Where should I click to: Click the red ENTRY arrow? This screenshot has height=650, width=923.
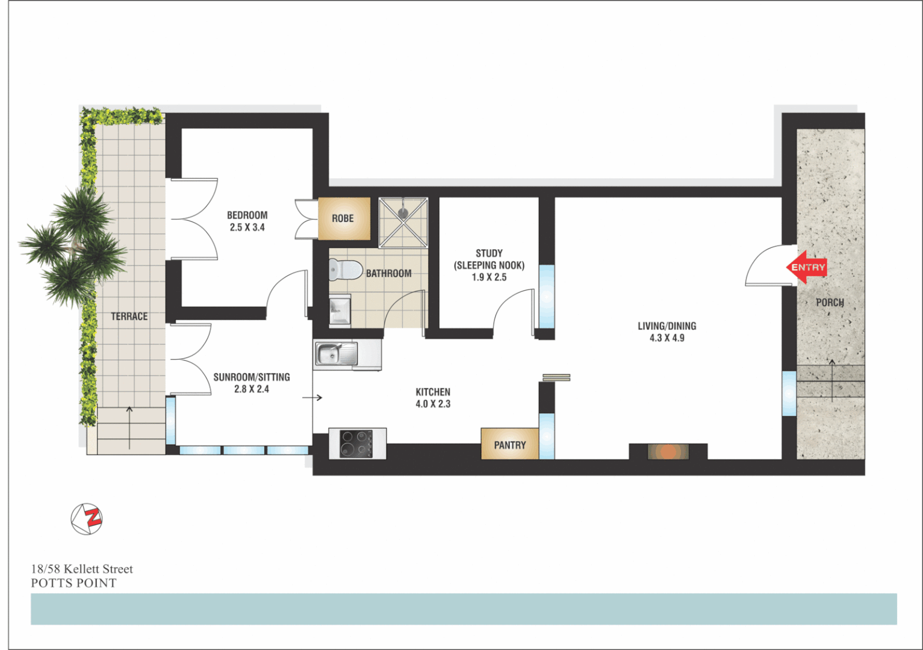point(806,267)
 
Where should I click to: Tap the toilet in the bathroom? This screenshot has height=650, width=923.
point(344,270)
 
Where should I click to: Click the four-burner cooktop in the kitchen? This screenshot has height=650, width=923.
point(356,444)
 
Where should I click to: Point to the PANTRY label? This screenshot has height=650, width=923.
point(509,445)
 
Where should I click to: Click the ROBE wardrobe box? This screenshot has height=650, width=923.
point(343,218)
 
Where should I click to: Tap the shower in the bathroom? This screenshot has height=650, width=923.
point(403,222)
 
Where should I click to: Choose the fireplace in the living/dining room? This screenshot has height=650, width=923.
point(668,451)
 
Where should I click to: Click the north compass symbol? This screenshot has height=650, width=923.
point(87,519)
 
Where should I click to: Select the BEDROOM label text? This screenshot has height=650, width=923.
point(247,215)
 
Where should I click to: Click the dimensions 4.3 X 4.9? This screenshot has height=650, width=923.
point(667,338)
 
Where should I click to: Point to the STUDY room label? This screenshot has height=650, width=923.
point(489,253)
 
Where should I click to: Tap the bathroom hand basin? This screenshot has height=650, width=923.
point(340,311)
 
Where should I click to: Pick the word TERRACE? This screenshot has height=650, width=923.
point(129,317)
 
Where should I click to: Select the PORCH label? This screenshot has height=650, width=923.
point(830,303)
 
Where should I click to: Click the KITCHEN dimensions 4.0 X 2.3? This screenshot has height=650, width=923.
point(432,404)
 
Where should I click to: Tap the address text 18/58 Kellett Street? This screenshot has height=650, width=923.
point(82,569)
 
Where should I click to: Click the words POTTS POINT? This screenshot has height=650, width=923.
point(73,583)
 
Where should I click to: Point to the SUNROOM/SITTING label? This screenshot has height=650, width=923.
point(252,377)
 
